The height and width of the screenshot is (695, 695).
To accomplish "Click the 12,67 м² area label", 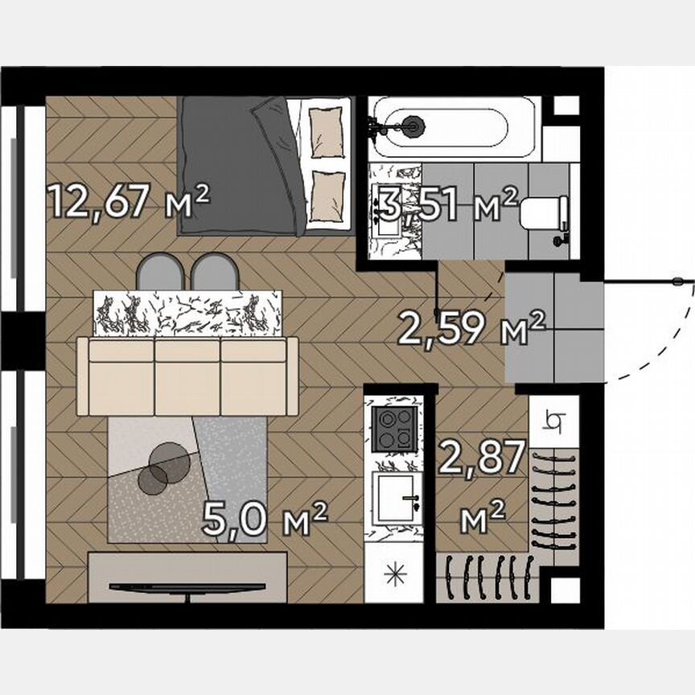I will point(129,201).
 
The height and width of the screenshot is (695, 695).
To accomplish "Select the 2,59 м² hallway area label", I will point(472,328).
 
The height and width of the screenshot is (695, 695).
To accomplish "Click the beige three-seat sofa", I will point(187,376).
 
